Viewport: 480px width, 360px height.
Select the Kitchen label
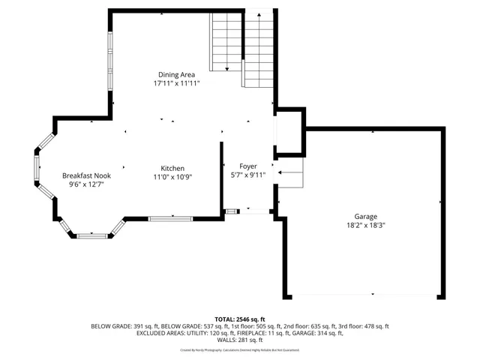point(172,168)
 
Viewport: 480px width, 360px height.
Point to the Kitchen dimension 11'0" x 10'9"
point(172,177)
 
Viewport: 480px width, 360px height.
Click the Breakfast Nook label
point(86,175)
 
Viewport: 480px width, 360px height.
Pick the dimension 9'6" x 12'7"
point(86,184)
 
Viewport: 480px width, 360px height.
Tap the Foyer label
point(247,166)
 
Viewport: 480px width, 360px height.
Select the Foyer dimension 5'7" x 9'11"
point(247,175)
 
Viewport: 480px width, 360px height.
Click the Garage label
point(366,216)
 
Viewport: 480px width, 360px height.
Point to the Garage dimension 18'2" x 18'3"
point(366,225)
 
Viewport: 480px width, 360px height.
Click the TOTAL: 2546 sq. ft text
point(240,319)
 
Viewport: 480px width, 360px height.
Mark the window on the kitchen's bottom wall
point(169,218)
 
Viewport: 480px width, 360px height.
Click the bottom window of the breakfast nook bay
point(93,235)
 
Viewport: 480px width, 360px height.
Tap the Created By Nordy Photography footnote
point(240,349)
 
